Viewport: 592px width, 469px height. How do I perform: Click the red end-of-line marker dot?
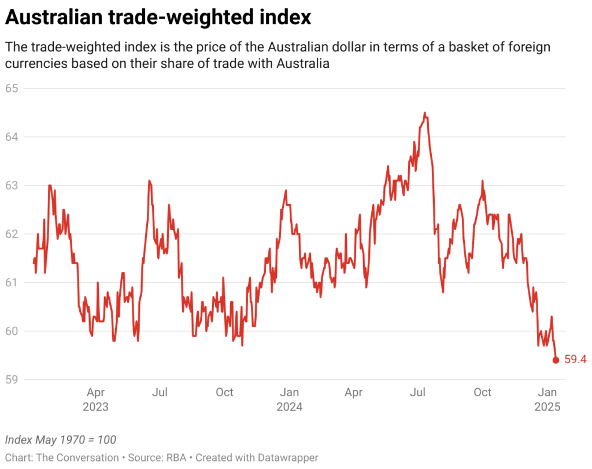pyautogui.click(x=556, y=360)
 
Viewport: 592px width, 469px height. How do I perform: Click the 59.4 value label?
pyautogui.click(x=575, y=360)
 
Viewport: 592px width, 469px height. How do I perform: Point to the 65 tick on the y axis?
pyautogui.click(x=12, y=88)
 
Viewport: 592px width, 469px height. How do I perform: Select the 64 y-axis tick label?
pyautogui.click(x=12, y=137)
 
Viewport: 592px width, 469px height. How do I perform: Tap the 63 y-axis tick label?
pyautogui.click(x=12, y=186)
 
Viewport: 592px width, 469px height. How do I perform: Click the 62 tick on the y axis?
pyautogui.click(x=12, y=234)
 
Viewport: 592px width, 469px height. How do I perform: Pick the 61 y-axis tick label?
pyautogui.click(x=12, y=283)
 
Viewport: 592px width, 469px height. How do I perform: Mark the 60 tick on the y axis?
pyautogui.click(x=12, y=331)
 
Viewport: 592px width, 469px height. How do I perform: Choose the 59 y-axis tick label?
pyautogui.click(x=12, y=380)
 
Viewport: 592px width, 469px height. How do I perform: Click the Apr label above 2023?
pyautogui.click(x=96, y=392)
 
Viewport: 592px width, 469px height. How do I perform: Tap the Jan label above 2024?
pyautogui.click(x=289, y=392)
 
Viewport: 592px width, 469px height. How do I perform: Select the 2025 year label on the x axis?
pyautogui.click(x=547, y=407)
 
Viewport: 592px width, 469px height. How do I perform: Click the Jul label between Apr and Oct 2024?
pyautogui.click(x=417, y=392)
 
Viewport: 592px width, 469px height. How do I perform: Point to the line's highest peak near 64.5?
pyautogui.click(x=424, y=113)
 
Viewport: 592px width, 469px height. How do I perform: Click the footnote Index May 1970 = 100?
pyautogui.click(x=60, y=440)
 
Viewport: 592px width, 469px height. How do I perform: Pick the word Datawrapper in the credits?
pyautogui.click(x=287, y=457)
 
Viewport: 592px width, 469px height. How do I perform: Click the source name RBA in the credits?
pyautogui.click(x=177, y=457)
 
